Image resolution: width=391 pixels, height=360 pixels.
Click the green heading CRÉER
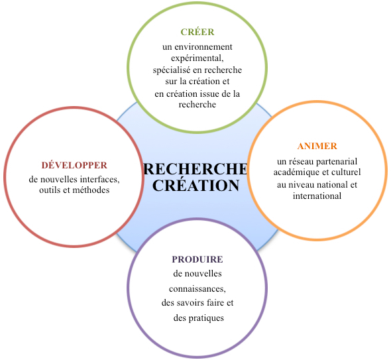click(197, 32)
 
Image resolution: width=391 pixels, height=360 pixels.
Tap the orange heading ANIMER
click(317, 146)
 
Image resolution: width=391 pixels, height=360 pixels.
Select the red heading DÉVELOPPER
click(74, 165)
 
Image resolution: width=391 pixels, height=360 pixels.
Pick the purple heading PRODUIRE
click(197, 259)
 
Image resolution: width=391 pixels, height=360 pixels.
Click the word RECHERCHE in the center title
click(196, 169)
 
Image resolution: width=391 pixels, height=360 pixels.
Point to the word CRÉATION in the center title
click(196, 185)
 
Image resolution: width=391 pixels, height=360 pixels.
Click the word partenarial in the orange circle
click(337, 162)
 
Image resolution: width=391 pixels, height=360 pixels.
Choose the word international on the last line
click(317, 196)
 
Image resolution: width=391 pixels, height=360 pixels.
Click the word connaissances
click(197, 289)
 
